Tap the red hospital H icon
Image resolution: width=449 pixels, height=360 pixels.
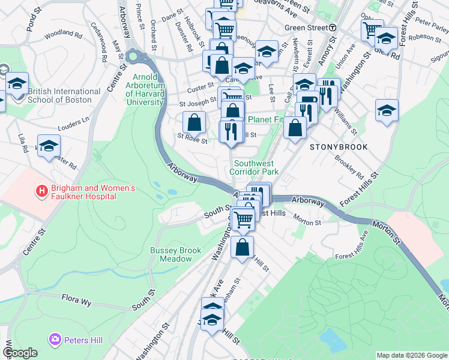pyautogui.click(x=42, y=192)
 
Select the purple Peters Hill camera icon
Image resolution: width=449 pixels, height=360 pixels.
pyautogui.click(x=56, y=340)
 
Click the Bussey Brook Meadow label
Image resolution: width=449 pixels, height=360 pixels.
pyautogui.click(x=171, y=254)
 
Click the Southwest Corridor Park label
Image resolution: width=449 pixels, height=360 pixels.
pyautogui.click(x=256, y=167)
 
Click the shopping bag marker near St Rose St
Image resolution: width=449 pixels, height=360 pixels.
pyautogui.click(x=194, y=122)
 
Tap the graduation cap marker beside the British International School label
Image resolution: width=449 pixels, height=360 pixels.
pyautogui.click(x=17, y=83)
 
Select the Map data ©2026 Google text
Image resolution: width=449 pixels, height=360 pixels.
pyautogui.click(x=412, y=355)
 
